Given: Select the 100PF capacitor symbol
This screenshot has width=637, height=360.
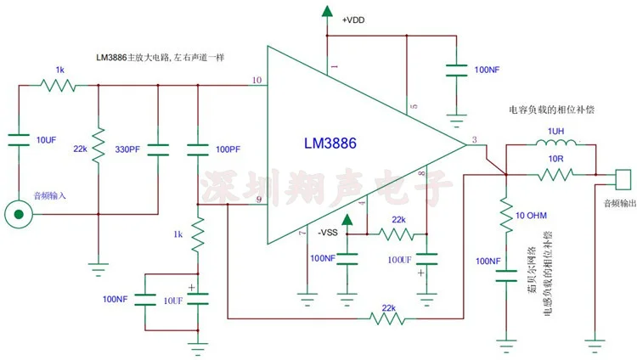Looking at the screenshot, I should pyautogui.click(x=198, y=149).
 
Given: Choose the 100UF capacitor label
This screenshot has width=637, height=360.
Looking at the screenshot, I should pyautogui.click(x=402, y=259).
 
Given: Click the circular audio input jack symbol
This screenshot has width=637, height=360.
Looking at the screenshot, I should pyautogui.click(x=14, y=213).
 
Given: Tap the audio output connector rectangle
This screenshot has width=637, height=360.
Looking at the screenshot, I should pyautogui.click(x=622, y=180).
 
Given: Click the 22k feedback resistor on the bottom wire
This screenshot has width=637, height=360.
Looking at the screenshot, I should pyautogui.click(x=388, y=319).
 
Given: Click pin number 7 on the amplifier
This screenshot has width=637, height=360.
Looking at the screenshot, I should pyautogui.click(x=302, y=233).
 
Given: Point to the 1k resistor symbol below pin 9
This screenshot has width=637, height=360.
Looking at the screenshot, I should pyautogui.click(x=198, y=233).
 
